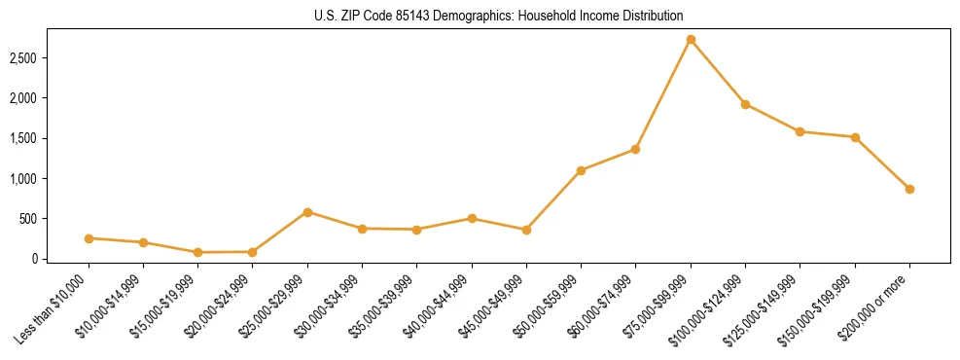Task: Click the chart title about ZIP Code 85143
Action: click(499, 16)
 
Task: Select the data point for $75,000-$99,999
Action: click(691, 40)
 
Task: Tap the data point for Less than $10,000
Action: click(89, 238)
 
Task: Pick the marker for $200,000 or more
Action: click(909, 189)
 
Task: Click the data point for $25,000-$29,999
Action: click(307, 212)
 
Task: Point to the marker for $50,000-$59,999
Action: click(581, 170)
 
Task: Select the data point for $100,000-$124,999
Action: click(745, 104)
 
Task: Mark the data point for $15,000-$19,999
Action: click(197, 252)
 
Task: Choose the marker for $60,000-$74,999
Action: click(635, 149)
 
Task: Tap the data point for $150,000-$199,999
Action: click(855, 137)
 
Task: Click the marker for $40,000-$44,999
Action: click(472, 218)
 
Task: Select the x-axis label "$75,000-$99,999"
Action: click(659, 307)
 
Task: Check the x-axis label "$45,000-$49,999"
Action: click(495, 307)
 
